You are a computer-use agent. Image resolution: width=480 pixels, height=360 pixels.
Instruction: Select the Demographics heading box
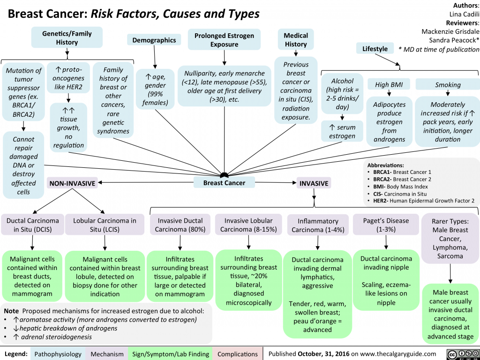(154, 41)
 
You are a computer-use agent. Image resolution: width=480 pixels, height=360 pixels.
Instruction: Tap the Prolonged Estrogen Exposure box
(224, 40)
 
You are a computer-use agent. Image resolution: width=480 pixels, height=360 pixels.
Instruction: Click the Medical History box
(296, 40)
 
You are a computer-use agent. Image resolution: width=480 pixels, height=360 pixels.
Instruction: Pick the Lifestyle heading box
(375, 49)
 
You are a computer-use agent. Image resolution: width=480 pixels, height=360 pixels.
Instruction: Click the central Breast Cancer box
(224, 183)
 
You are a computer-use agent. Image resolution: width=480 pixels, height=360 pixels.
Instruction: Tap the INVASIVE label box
(314, 183)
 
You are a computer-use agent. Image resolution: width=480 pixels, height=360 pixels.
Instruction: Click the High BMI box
(389, 85)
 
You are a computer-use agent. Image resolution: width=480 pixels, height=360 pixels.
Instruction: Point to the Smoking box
(447, 85)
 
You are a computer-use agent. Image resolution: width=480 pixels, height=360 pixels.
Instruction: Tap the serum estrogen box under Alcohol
(342, 132)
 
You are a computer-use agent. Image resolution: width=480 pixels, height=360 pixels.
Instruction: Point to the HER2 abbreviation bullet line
(422, 201)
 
